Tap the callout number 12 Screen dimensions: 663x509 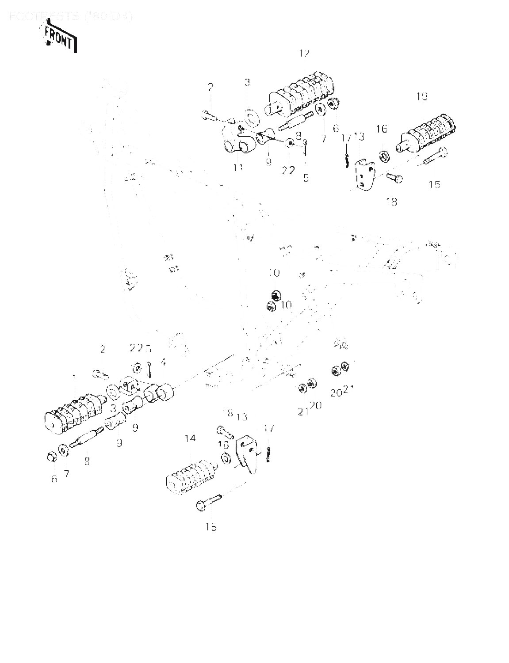click(304, 53)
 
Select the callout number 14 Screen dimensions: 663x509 click(190, 438)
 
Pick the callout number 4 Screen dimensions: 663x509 click(163, 362)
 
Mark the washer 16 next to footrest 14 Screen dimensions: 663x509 click(225, 458)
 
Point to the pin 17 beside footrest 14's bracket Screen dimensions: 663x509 click(268, 454)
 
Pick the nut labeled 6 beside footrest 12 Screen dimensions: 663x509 click(334, 105)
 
